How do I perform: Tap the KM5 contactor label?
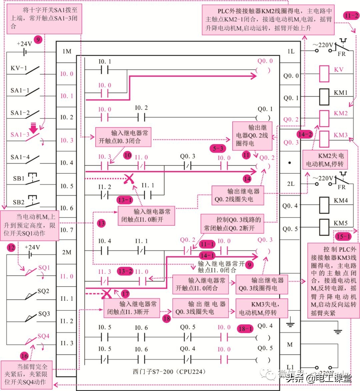[x=341, y=223]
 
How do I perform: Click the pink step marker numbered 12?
[x=12, y=247]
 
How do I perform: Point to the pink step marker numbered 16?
[x=24, y=356]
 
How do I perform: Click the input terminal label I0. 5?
[x=67, y=186]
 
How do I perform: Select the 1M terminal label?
[x=67, y=51]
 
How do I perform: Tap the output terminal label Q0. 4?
[x=290, y=206]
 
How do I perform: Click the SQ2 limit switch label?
[x=43, y=291]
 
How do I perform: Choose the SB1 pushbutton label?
[x=19, y=179]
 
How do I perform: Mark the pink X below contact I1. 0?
[x=106, y=294]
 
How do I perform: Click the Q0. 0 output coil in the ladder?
[x=263, y=70]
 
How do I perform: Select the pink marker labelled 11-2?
[x=351, y=16]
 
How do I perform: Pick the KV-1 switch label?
[x=19, y=68]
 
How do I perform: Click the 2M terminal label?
[x=67, y=252]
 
